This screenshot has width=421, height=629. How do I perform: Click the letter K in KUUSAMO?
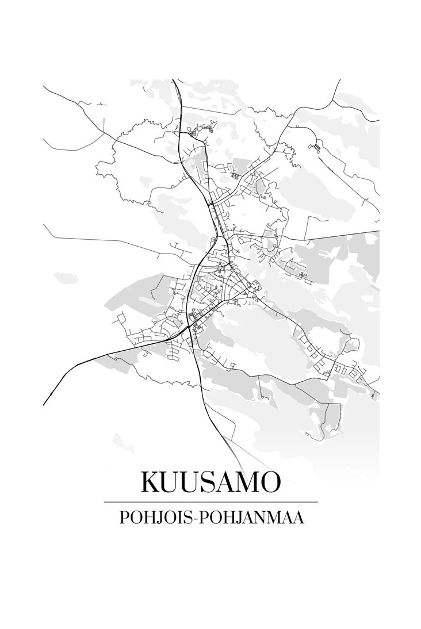(x=151, y=482)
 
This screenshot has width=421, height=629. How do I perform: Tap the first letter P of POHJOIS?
(x=124, y=517)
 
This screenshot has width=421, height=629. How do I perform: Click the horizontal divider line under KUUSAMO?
(x=210, y=502)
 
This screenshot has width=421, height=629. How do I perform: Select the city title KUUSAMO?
(x=210, y=482)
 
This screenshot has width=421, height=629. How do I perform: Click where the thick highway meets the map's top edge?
(x=173, y=80)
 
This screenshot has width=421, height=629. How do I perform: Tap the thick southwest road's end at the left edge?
(x=44, y=404)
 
